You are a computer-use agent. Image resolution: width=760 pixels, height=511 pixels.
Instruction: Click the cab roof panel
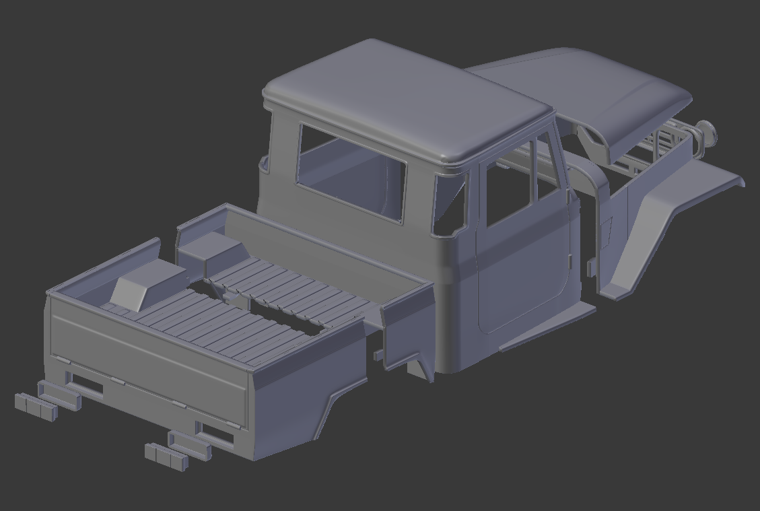tap(404, 101)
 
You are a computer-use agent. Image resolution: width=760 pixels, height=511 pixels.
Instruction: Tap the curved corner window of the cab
tap(450, 202)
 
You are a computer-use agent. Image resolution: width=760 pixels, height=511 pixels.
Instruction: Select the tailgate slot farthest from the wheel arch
tap(87, 385)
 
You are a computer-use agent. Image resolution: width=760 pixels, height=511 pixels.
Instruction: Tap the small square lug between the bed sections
tap(379, 354)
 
